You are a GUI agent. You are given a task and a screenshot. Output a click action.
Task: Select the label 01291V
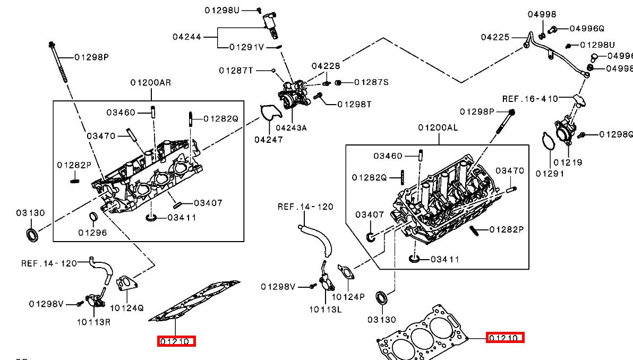tap(246, 47)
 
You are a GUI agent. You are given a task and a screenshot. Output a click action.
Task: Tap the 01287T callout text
tap(236, 70)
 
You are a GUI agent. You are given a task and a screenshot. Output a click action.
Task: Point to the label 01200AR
tap(151, 83)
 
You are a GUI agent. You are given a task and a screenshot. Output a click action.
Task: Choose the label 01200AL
tap(438, 127)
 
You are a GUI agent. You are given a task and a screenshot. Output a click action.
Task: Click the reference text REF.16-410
tap(530, 99)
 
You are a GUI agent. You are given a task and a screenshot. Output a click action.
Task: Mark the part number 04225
tap(495, 37)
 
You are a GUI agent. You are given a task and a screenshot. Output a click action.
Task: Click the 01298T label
tap(354, 104)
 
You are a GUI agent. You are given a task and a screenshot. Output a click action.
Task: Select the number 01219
tap(568, 162)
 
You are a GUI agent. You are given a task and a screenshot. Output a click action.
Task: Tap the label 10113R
tap(93, 321)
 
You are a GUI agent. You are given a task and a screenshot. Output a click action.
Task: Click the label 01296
tap(92, 233)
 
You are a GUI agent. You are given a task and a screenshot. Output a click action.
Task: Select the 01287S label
tap(371, 82)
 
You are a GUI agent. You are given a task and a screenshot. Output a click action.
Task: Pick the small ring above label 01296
tap(92, 217)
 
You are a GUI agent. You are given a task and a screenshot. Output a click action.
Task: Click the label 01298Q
tap(616, 134)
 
